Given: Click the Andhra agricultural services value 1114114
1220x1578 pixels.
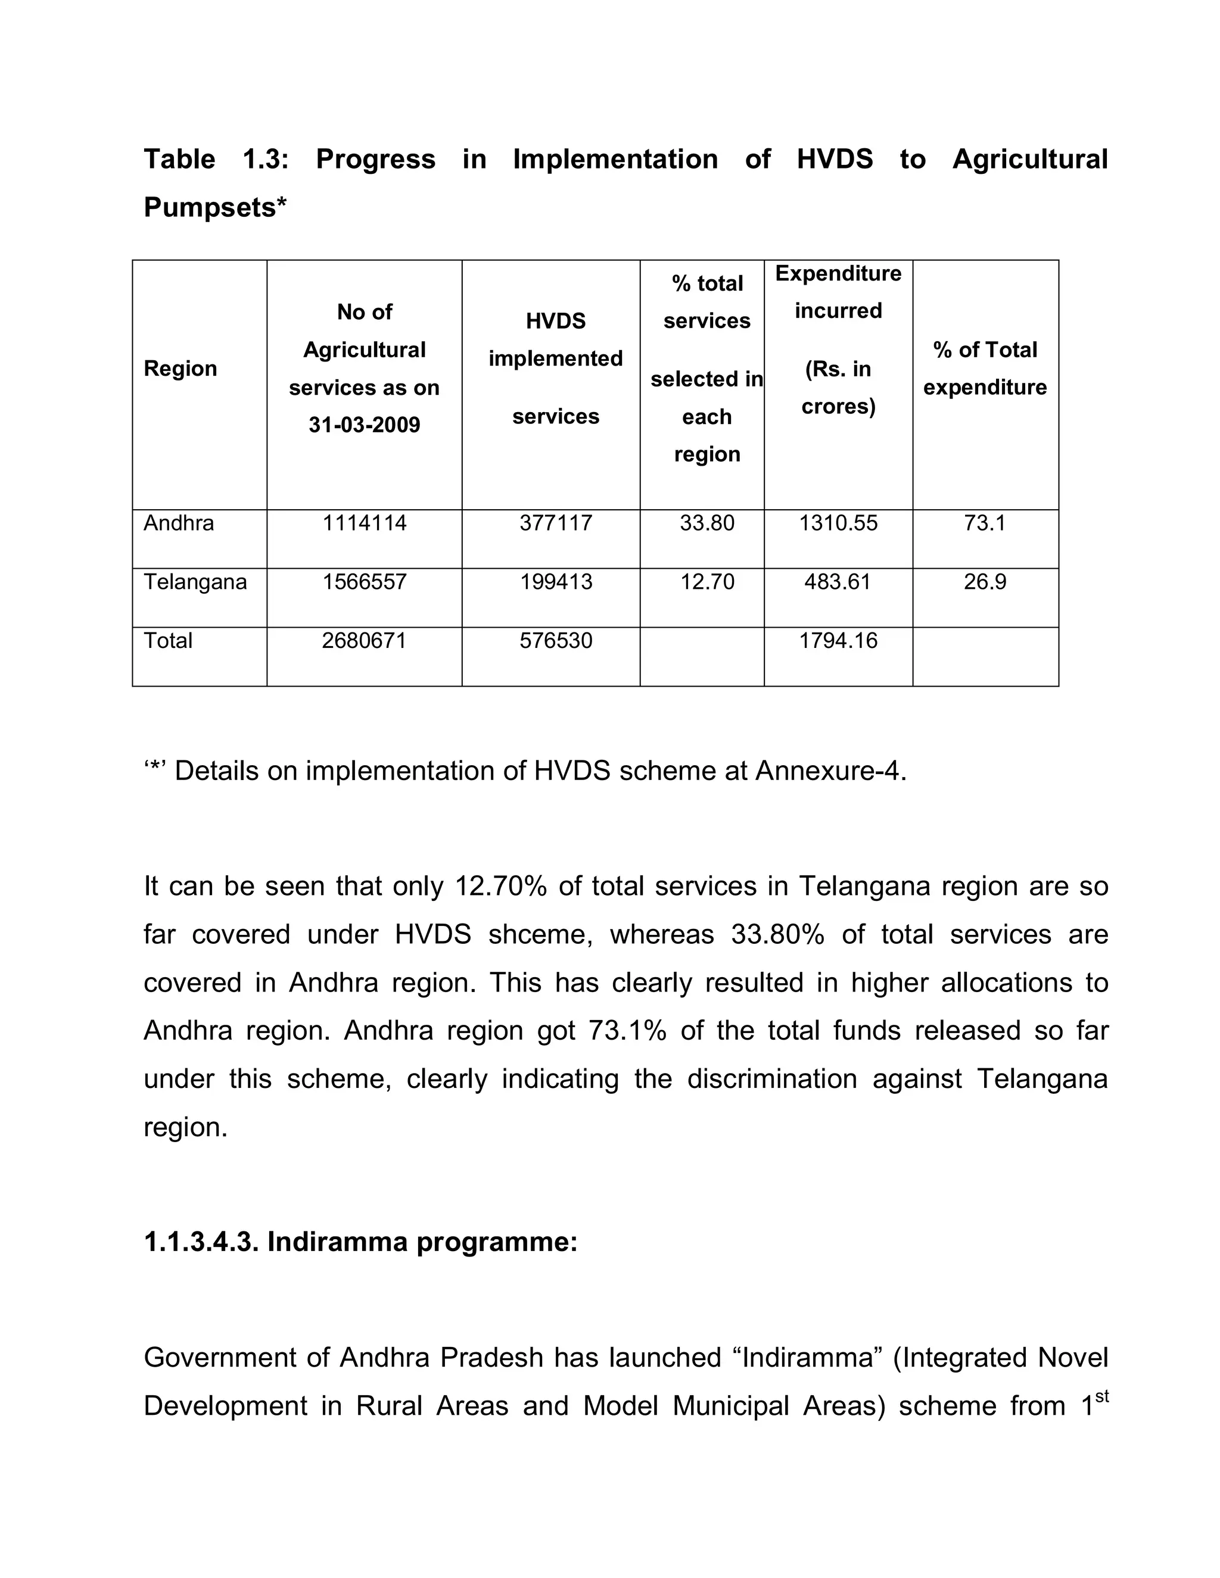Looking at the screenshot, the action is pyautogui.click(x=364, y=523).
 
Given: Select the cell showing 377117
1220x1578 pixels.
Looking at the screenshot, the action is pyautogui.click(x=556, y=523).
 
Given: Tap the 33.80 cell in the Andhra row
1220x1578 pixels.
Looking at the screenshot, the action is pyautogui.click(x=707, y=523).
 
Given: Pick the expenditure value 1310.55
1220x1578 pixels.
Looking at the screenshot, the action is pyautogui.click(x=838, y=523).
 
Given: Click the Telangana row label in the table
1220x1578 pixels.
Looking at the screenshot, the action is pyautogui.click(x=195, y=582).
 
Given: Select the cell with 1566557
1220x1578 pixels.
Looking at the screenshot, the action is pyautogui.click(x=364, y=582).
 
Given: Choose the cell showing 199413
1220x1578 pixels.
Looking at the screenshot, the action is pyautogui.click(x=556, y=582).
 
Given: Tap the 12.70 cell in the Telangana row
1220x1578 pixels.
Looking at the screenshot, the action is pyautogui.click(x=707, y=582).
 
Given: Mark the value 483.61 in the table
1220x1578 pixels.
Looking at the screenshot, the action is pyautogui.click(x=838, y=582).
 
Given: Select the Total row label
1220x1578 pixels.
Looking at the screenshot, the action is pyautogui.click(x=167, y=641).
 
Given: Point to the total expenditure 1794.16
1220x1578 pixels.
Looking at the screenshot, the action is pyautogui.click(x=838, y=641).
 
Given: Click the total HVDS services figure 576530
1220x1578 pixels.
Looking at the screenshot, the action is pyautogui.click(x=556, y=641).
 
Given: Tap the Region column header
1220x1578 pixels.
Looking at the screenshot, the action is pyautogui.click(x=180, y=369).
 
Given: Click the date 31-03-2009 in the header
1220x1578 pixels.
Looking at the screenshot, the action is pyautogui.click(x=364, y=425).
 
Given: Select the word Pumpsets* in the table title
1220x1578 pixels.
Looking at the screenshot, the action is pyautogui.click(x=214, y=207).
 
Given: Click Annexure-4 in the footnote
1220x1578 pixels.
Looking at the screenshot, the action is pyautogui.click(x=829, y=771).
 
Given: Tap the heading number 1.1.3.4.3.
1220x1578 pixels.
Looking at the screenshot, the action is pyautogui.click(x=200, y=1242).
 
